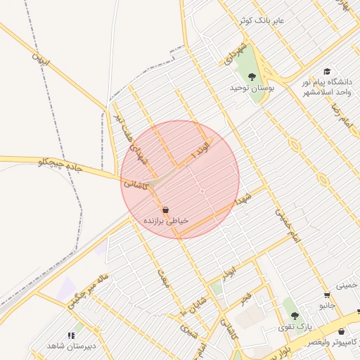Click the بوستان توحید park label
[251, 88]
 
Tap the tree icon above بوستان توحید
[252, 76]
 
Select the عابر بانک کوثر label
[260, 21]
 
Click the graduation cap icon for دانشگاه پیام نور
[327, 71]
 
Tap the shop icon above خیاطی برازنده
[165, 210]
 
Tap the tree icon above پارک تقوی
[295, 316]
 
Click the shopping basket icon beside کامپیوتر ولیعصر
[342, 331]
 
